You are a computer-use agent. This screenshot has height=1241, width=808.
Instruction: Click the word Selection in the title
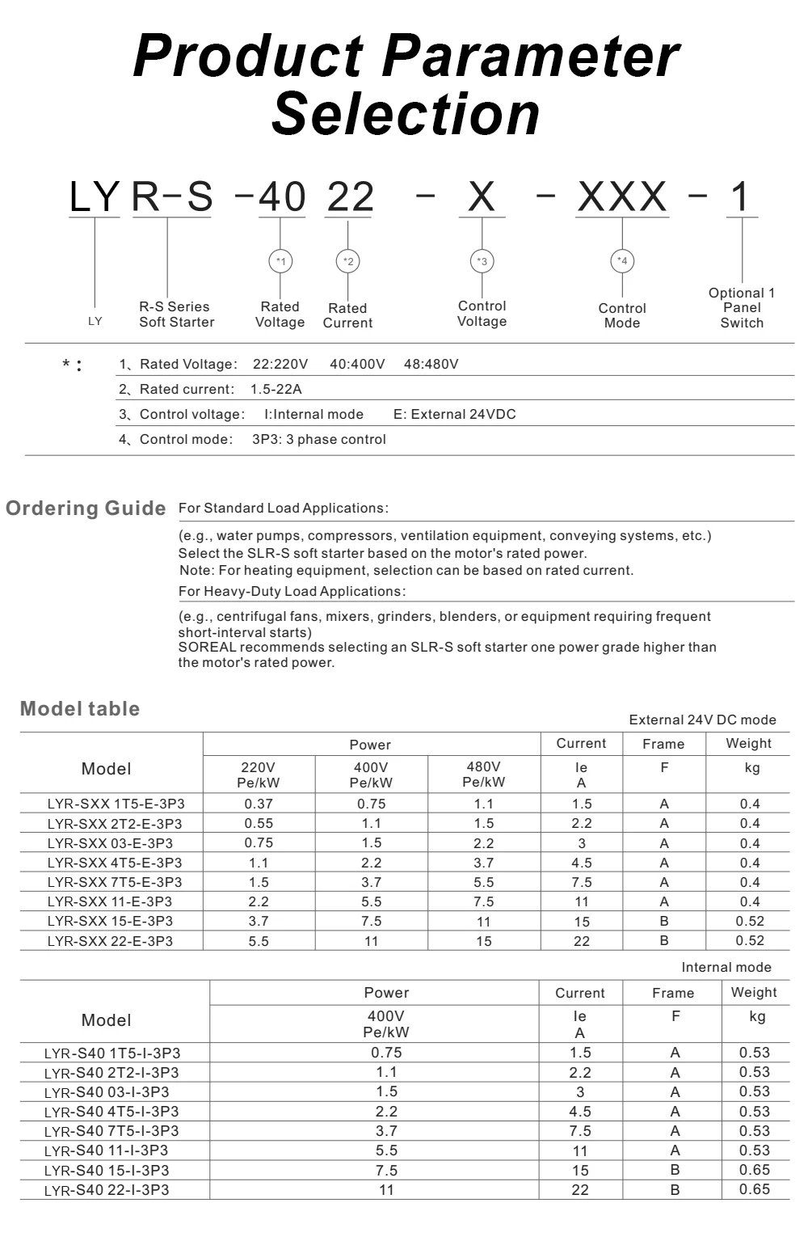point(406,114)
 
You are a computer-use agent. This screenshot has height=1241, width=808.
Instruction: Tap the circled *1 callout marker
point(280,261)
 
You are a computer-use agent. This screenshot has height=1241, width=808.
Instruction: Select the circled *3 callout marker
point(482,261)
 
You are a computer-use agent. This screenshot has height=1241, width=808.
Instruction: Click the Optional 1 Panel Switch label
point(742,308)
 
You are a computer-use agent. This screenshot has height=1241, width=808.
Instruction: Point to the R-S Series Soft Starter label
point(176,314)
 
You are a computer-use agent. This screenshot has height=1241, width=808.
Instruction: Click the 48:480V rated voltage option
point(431,364)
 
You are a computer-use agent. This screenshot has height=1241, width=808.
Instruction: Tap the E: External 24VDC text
point(454,414)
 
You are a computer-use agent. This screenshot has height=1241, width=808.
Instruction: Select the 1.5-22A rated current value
point(276,389)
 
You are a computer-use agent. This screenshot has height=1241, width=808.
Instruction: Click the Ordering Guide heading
point(86,509)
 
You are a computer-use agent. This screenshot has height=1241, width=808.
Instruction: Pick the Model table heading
point(80,709)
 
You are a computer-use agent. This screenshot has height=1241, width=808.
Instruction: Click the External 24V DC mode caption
point(702,720)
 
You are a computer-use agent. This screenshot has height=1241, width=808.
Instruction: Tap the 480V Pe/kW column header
point(483,775)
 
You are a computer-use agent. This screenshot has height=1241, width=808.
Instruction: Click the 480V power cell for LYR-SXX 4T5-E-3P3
point(483,863)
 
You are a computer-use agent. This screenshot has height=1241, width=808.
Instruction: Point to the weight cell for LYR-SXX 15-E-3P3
point(750,921)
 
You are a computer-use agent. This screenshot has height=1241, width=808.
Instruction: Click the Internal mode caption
point(726,967)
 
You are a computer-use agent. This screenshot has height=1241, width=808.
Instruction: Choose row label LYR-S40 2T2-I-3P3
point(112,1073)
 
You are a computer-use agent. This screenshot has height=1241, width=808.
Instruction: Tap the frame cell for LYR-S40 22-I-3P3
point(675,1189)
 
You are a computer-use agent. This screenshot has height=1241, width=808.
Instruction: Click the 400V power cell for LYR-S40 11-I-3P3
point(386,1150)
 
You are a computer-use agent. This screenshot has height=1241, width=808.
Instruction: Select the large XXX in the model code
point(622,196)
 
